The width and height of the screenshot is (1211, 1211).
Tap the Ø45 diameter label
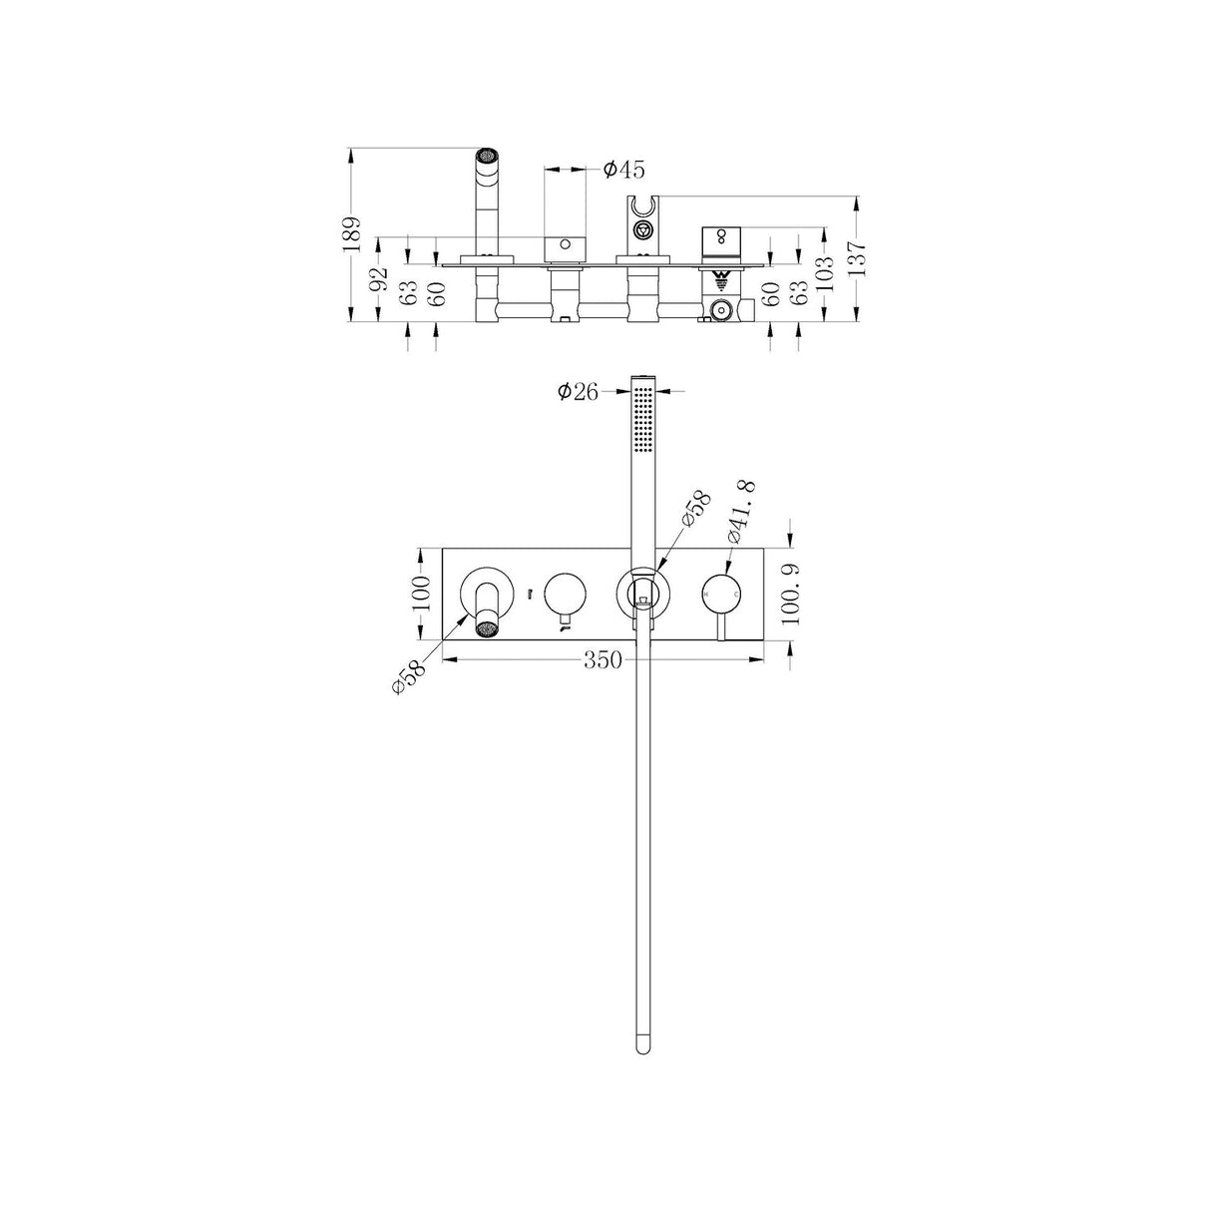pos(624,170)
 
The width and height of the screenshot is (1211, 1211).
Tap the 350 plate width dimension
pos(604,660)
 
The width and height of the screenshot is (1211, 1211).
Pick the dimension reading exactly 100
pos(420,595)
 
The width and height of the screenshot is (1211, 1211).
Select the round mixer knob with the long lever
pos(722,595)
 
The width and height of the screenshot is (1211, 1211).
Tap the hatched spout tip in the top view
pos(486,158)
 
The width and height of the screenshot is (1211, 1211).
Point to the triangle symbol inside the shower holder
pos(643,231)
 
